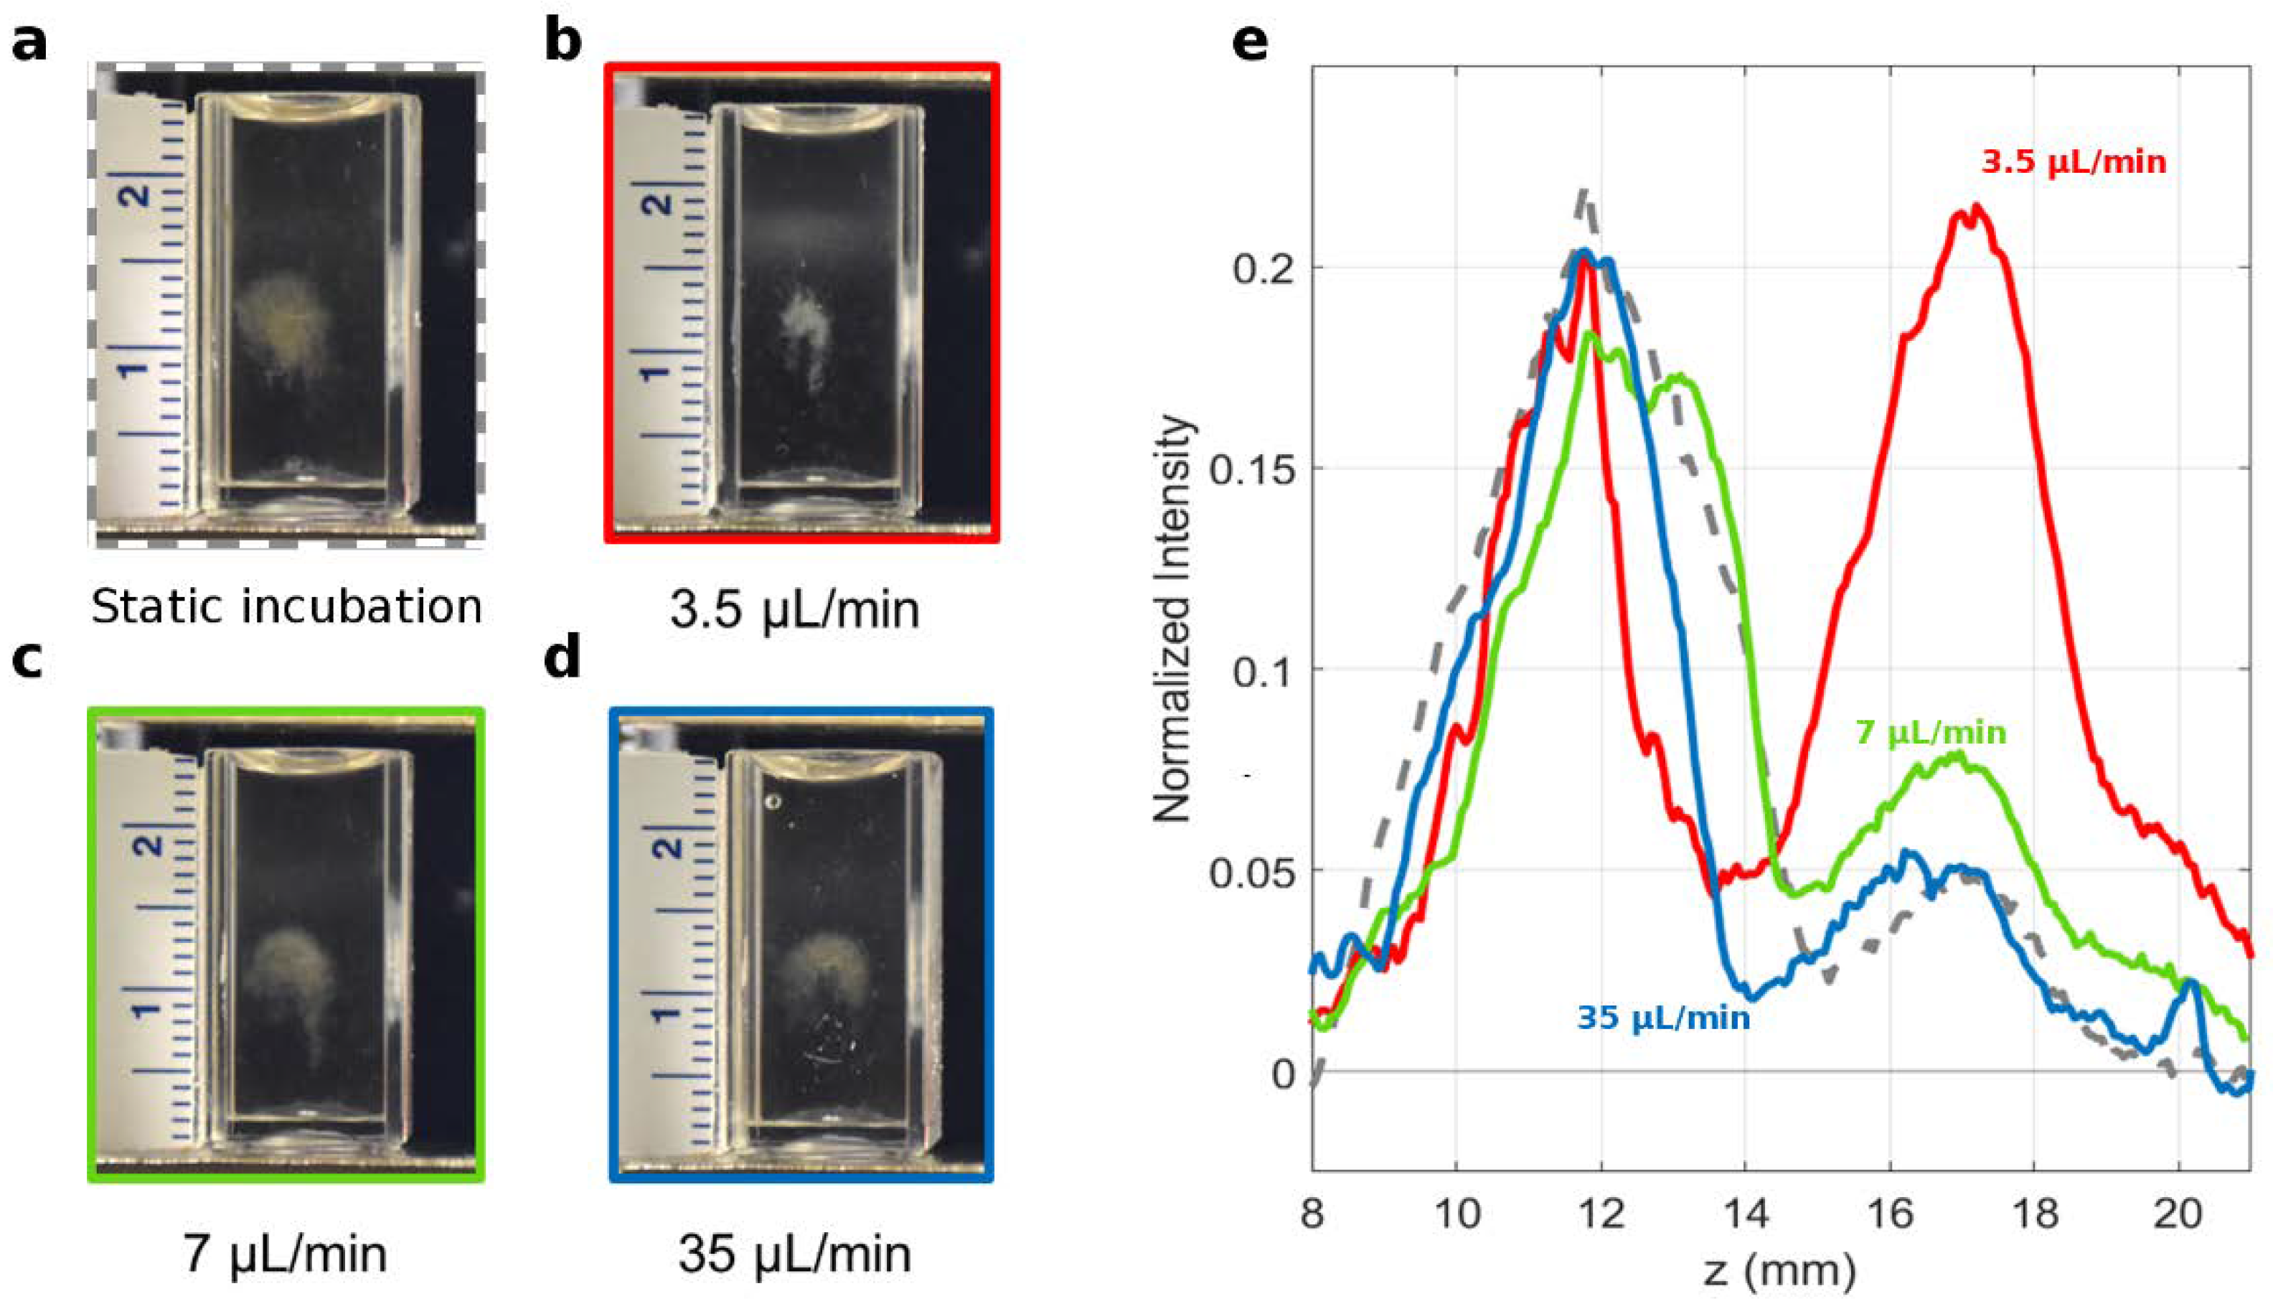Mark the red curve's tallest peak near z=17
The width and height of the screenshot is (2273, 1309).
coord(1975,210)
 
